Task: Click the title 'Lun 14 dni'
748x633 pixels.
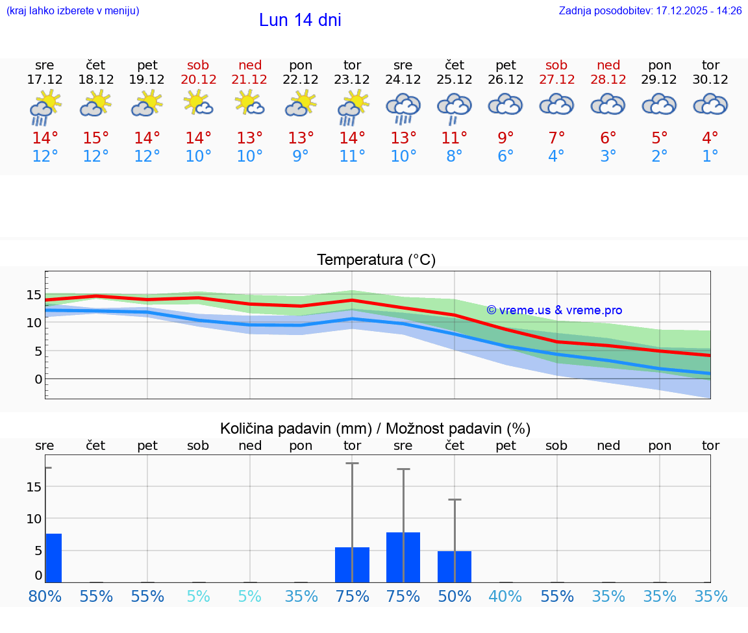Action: tap(300, 20)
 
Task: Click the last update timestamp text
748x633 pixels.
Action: tap(650, 11)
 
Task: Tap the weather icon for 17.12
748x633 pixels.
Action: tap(45, 107)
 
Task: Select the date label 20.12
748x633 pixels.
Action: tap(198, 79)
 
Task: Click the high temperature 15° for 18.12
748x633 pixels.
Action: tap(96, 138)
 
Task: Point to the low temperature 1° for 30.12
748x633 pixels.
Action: tap(710, 156)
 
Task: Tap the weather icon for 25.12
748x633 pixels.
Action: tap(454, 107)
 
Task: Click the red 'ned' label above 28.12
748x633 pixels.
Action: tap(608, 65)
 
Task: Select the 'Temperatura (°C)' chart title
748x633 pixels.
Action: tap(376, 260)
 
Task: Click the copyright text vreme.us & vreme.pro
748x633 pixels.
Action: tap(554, 310)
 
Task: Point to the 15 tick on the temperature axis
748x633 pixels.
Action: tap(34, 295)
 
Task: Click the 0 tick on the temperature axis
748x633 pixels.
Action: tap(38, 379)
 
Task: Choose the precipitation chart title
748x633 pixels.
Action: tap(375, 428)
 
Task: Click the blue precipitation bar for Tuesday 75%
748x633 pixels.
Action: tap(352, 565)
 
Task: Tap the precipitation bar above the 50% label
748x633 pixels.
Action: tap(455, 566)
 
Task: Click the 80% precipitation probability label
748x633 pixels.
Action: tap(45, 596)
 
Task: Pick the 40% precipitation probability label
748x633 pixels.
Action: tap(505, 596)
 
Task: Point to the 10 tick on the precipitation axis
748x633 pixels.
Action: tap(34, 519)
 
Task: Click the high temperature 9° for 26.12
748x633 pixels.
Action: tap(505, 138)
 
